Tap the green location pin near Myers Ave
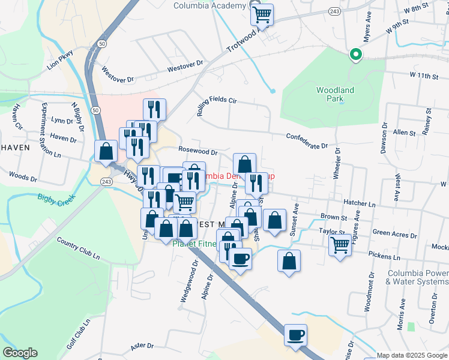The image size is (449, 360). coord(355,55)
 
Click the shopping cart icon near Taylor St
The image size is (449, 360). coord(340,245)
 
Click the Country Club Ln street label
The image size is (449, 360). coord(78,248)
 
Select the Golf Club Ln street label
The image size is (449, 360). coord(79,334)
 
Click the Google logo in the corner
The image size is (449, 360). coord(19,353)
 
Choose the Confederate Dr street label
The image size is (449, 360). coord(307,141)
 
